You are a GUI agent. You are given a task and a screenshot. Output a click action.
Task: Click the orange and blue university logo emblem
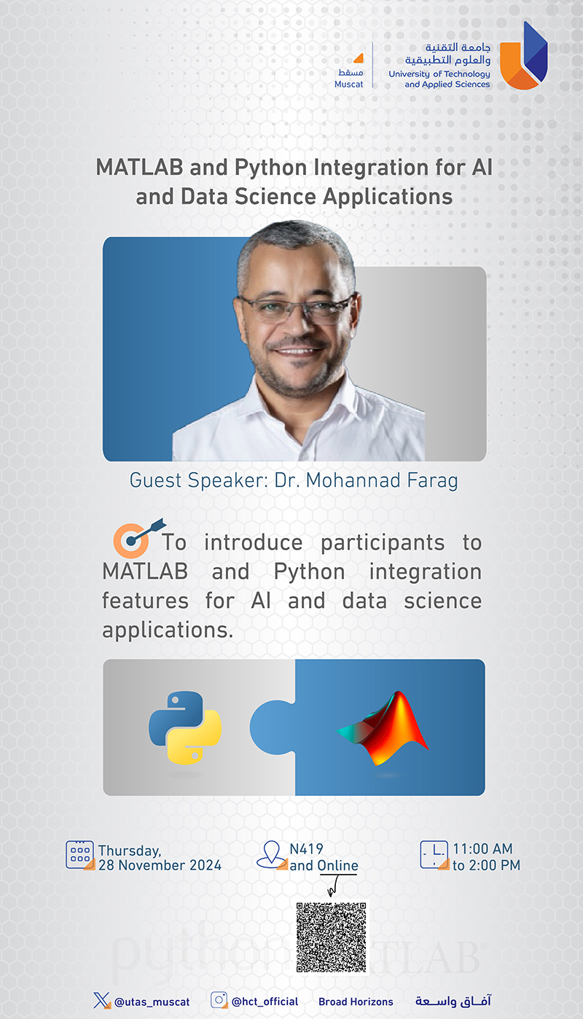523,55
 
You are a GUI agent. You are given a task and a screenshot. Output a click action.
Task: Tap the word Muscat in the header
349,84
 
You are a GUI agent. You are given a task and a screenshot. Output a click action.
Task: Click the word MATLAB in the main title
140,168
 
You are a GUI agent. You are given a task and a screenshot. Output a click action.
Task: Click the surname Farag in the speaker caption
432,481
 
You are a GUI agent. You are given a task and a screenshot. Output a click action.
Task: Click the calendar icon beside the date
80,855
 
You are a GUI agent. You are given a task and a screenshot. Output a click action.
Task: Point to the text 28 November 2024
160,864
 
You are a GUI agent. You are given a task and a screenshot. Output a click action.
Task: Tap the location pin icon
272,855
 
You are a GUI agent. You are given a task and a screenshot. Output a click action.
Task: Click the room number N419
307,849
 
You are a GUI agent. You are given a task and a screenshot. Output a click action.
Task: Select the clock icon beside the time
434,855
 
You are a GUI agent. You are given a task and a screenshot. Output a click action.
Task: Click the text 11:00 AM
482,849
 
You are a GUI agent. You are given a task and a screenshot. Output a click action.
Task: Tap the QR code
331,937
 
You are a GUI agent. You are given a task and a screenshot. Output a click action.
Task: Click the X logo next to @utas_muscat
102,1001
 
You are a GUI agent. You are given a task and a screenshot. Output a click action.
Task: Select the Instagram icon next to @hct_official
219,1000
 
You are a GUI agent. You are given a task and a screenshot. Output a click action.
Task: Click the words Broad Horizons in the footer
356,1002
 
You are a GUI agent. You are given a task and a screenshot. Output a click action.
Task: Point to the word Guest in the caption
155,480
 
